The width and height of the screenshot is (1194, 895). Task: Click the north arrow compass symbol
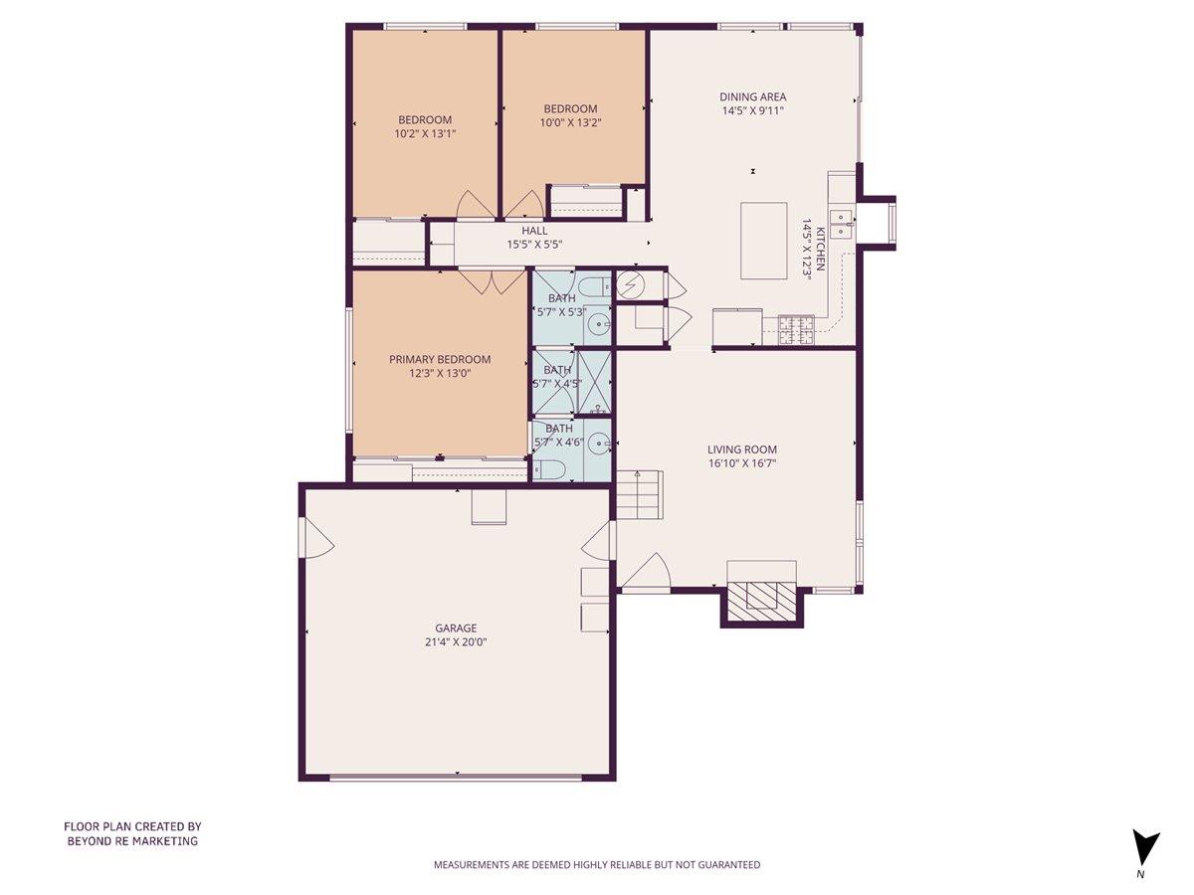click(x=1145, y=848)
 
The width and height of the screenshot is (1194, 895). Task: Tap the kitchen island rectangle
click(x=764, y=242)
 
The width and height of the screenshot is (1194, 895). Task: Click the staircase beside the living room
click(x=638, y=494)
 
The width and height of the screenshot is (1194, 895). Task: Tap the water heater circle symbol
click(x=631, y=286)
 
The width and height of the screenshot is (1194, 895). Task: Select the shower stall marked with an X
click(x=594, y=381)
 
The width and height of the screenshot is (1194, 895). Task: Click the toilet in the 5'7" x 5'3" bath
click(x=593, y=289)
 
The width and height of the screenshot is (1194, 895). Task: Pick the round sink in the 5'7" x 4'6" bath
click(x=598, y=444)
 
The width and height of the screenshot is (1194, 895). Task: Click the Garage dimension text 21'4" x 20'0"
click(x=456, y=642)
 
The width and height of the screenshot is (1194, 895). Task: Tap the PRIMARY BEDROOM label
click(x=439, y=360)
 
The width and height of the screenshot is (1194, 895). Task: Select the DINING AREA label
click(x=753, y=97)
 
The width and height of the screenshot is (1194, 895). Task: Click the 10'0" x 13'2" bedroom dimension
click(x=570, y=122)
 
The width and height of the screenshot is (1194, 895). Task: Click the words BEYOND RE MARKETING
click(x=132, y=841)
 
